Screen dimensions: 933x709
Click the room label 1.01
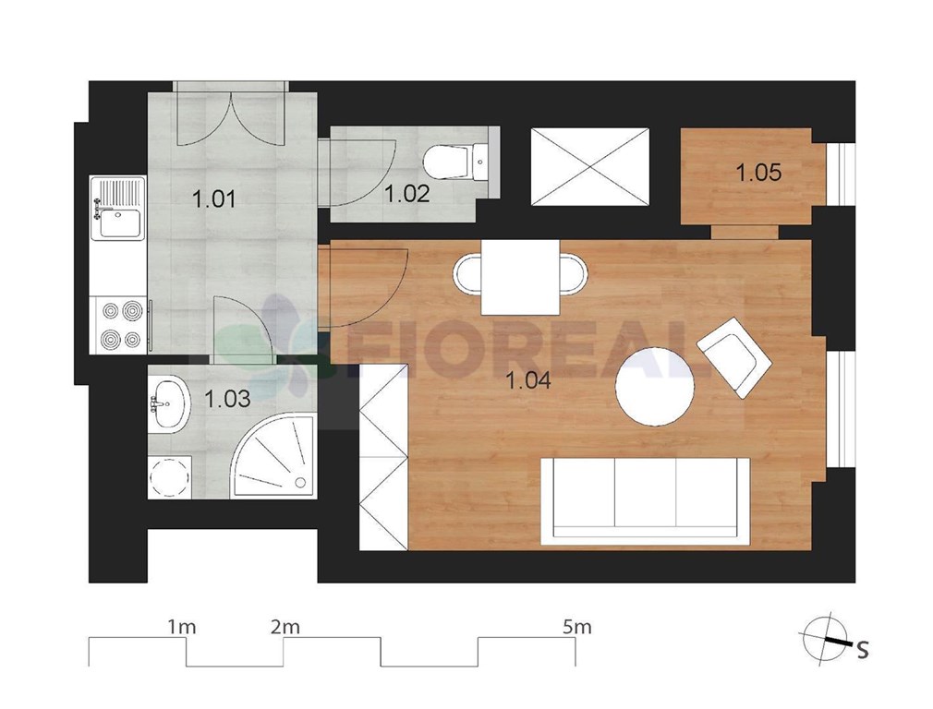tap(214, 199)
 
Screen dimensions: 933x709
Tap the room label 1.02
tap(407, 194)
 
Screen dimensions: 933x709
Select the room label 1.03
tap(227, 399)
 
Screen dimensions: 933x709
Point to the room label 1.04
tap(528, 380)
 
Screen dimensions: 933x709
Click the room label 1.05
tap(758, 173)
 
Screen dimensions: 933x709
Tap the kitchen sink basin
tap(120, 223)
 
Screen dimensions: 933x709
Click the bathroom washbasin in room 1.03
tap(169, 403)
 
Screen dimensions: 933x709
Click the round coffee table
tap(655, 386)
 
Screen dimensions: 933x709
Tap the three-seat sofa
tap(646, 500)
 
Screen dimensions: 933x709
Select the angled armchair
tap(734, 357)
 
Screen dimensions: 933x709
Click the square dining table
tap(521, 277)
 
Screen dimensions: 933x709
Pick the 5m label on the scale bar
tap(576, 627)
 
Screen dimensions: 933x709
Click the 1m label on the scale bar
tap(181, 627)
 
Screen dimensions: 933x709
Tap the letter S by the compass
tap(862, 650)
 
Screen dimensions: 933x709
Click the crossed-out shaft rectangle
tap(589, 167)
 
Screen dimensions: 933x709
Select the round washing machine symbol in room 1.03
tap(170, 477)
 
